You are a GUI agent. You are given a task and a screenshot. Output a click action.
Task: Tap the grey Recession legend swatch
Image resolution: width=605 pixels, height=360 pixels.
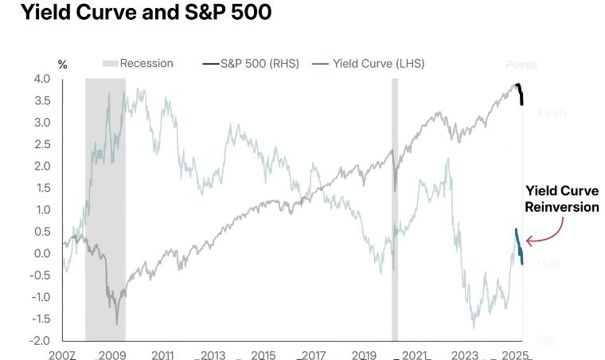[x=110, y=64]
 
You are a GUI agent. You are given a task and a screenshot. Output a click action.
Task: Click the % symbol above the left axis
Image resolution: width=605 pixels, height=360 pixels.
[x=63, y=65]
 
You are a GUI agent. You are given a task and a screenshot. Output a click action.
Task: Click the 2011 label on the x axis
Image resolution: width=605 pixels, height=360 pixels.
[x=162, y=354]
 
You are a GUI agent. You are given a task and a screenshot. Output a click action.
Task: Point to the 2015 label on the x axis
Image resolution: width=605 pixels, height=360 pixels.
[x=263, y=354]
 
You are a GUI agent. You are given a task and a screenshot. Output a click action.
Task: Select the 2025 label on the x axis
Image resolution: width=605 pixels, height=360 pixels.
[x=514, y=354]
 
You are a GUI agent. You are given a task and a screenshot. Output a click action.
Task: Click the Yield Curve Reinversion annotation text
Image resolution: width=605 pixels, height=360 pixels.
[x=562, y=199]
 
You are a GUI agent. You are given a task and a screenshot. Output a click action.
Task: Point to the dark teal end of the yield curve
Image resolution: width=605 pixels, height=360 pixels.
[x=519, y=246]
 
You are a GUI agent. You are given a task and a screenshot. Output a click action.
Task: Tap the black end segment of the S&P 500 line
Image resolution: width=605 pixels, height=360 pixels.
[x=520, y=93]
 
